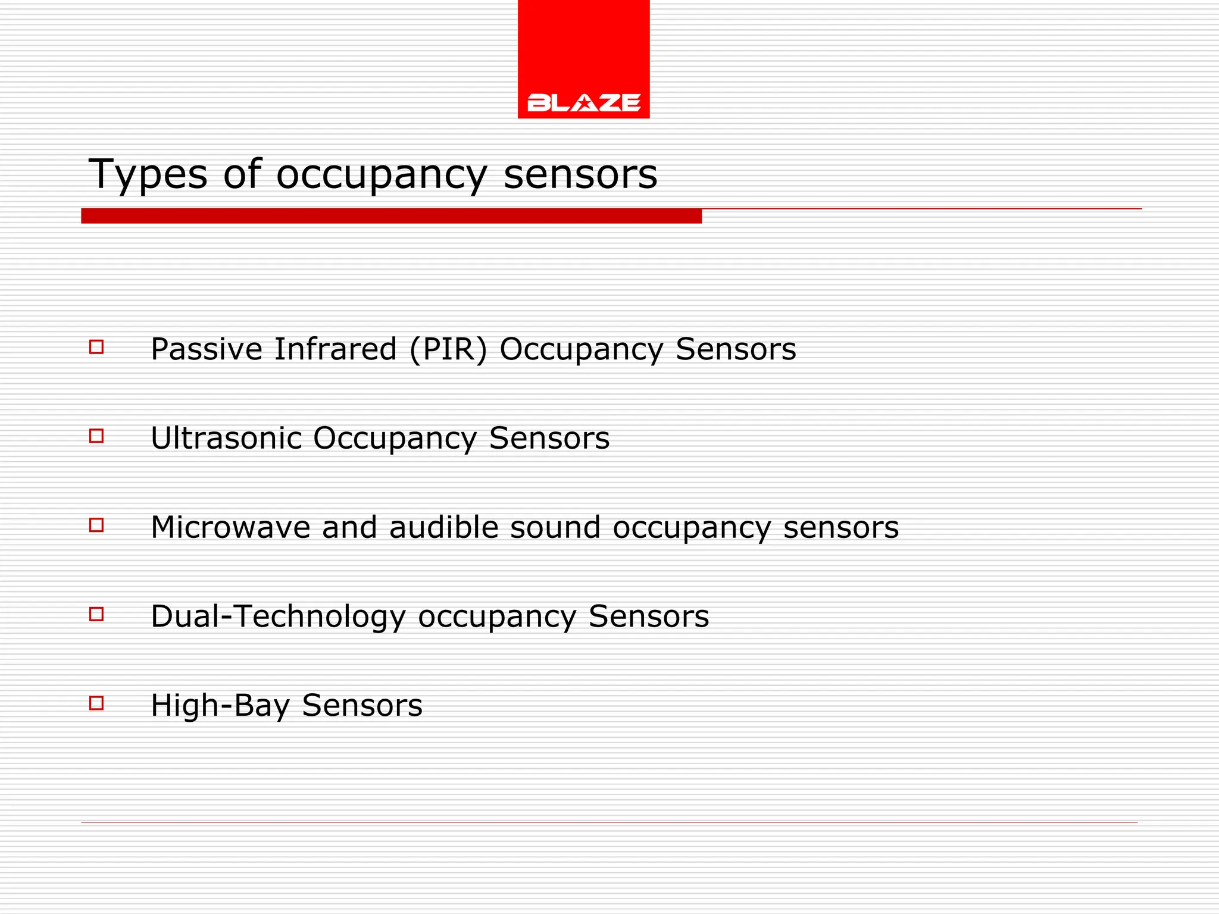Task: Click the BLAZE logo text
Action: [x=583, y=102]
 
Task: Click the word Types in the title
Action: [x=148, y=175]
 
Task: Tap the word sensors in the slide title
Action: [x=580, y=175]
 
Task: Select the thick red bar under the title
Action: [x=391, y=216]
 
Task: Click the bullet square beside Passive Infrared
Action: [x=96, y=347]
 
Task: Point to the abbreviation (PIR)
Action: [x=448, y=349]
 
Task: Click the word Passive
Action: [x=207, y=349]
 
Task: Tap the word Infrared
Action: [x=335, y=349]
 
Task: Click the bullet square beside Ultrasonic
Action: [x=96, y=436]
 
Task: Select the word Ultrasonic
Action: [x=226, y=439]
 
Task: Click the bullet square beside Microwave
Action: [x=96, y=525]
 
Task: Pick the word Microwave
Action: [x=230, y=528]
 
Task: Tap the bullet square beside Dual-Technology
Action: [x=96, y=614]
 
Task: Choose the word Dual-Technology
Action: [x=278, y=617]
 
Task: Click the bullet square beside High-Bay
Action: [x=96, y=703]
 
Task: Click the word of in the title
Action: [x=242, y=175]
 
